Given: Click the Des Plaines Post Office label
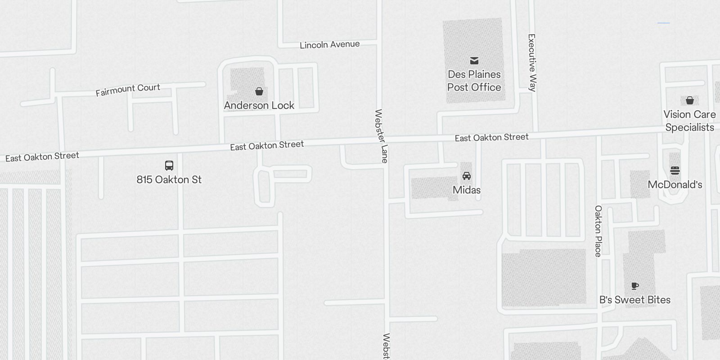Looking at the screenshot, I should [474, 81].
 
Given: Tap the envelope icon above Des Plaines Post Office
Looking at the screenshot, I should [474, 61].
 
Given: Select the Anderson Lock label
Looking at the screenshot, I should [259, 105].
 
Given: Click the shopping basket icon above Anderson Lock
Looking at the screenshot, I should [259, 92].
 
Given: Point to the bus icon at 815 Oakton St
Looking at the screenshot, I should [169, 166].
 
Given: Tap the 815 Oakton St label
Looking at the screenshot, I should [169, 180].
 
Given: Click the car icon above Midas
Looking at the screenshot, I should [467, 175].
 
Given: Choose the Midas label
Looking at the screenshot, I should [467, 190].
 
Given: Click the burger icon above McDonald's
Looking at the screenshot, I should [675, 171].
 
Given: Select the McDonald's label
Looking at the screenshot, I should [675, 184].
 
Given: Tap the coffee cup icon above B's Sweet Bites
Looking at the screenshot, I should [635, 286].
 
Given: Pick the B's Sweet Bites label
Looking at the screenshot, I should [634, 300].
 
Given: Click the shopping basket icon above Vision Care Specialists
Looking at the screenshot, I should [689, 100].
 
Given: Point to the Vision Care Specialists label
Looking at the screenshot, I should [689, 121].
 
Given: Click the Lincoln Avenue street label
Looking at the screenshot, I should [330, 45].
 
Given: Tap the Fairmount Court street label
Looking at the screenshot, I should [128, 90].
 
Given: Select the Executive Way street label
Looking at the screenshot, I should [532, 63].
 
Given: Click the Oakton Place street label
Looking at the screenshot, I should [598, 231].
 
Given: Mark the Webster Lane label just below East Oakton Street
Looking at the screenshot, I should [381, 136].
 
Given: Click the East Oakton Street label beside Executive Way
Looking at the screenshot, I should [491, 137].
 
